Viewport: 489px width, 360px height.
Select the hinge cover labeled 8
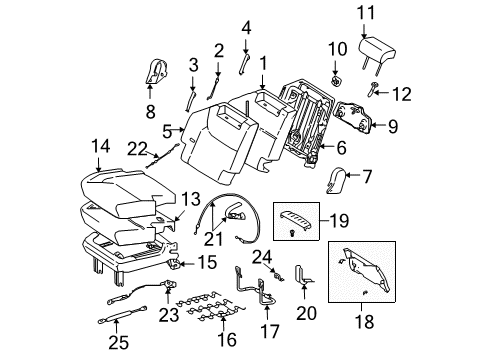tap(156, 71)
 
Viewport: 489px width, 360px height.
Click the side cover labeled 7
tap(340, 180)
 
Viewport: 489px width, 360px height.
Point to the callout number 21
tap(214, 239)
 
